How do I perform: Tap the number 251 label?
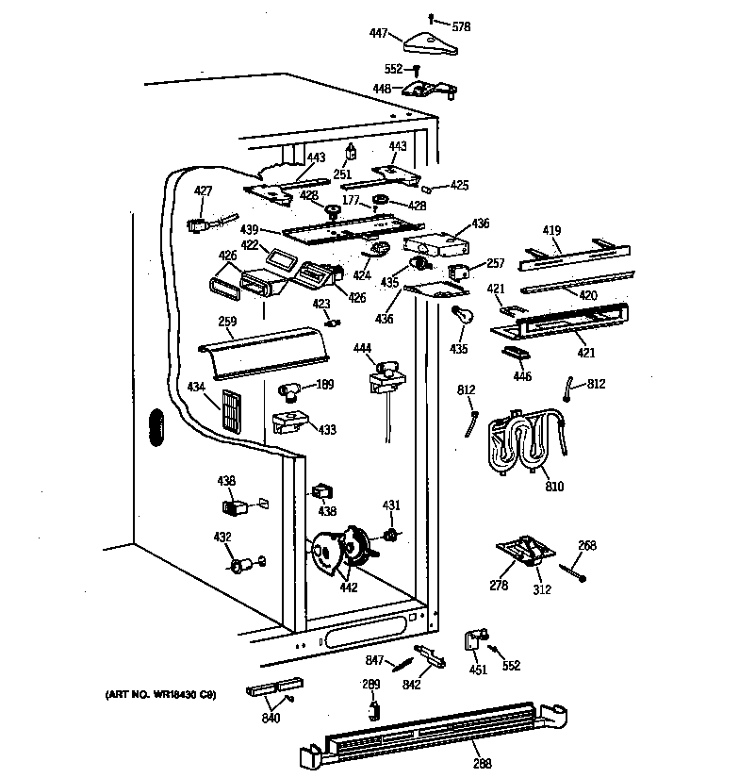click(342, 175)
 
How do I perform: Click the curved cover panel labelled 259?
click(264, 346)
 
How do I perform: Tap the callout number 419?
click(551, 229)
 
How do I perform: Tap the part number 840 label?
click(270, 719)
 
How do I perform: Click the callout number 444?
click(362, 348)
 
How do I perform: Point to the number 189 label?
click(325, 384)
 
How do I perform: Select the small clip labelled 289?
click(375, 706)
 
